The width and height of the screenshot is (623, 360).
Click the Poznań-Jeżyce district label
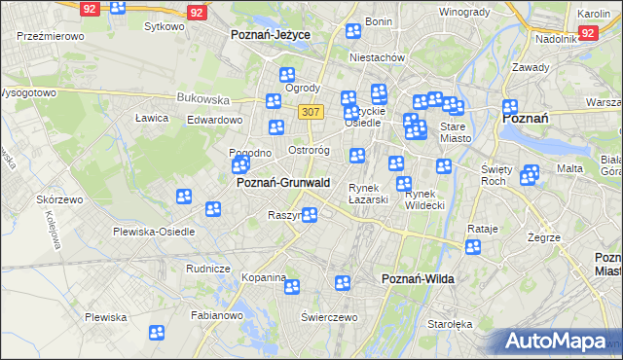tap(270, 34)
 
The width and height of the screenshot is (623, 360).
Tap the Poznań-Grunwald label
tap(283, 183)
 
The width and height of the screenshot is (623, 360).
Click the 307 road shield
tap(311, 112)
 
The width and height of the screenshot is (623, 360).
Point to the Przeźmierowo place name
tap(51, 35)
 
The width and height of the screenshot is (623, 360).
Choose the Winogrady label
tap(463, 12)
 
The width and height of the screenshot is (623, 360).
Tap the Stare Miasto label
tap(456, 132)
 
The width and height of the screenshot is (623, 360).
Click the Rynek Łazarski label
tap(369, 194)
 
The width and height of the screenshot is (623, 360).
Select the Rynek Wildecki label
tap(423, 199)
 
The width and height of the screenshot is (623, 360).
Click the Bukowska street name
tap(202, 98)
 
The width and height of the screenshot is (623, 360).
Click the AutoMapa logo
tap(558, 342)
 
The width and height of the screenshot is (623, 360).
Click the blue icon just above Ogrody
tap(287, 75)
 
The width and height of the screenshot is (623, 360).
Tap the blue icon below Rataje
tap(472, 247)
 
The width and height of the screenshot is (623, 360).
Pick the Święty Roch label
tap(496, 175)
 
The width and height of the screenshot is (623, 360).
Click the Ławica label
tap(152, 118)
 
